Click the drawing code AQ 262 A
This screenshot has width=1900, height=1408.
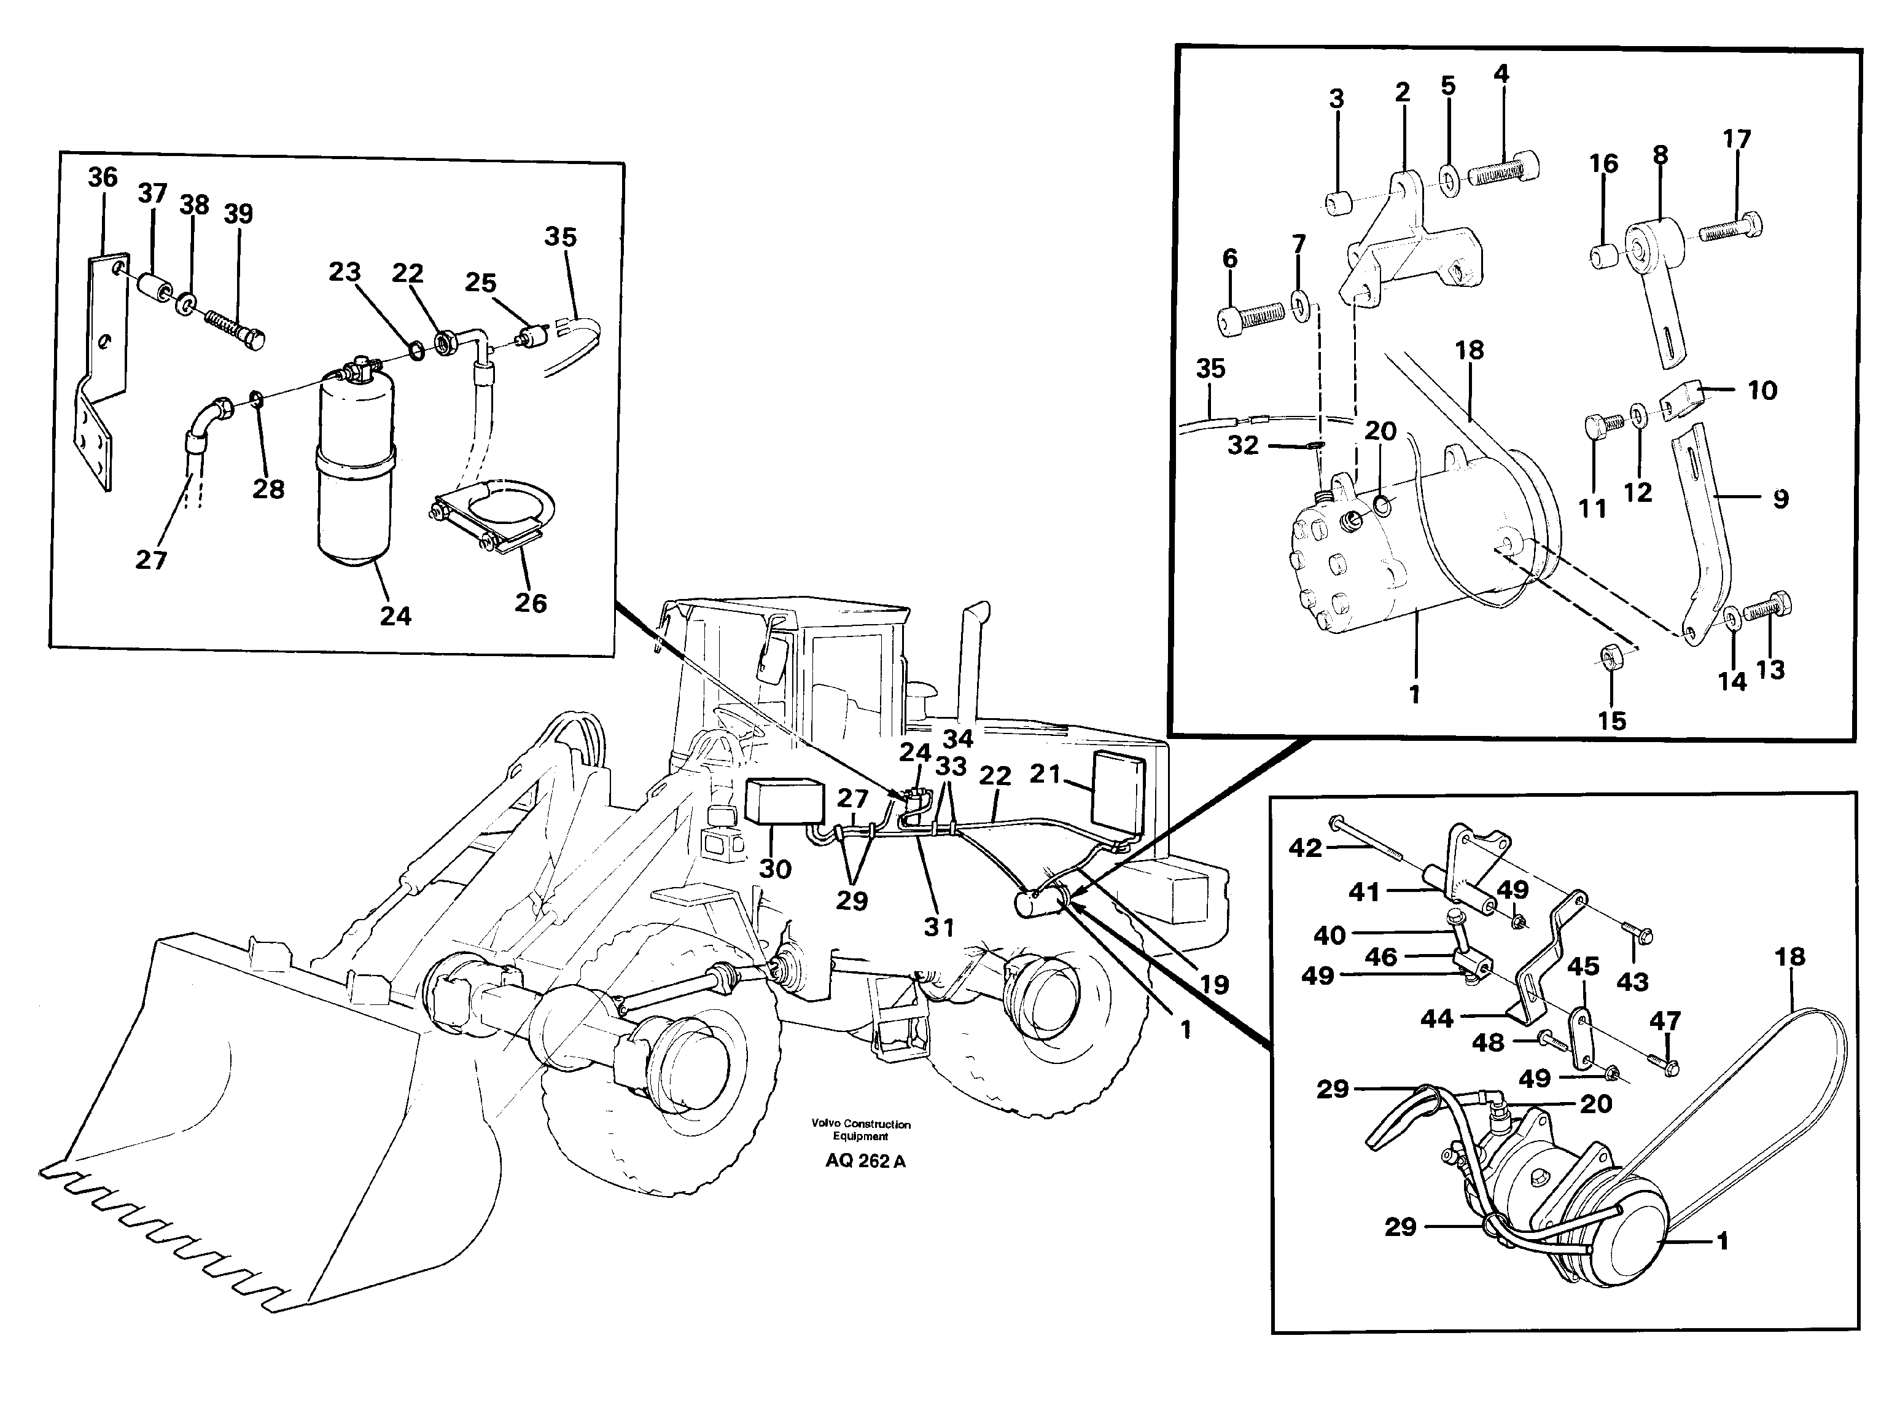pos(865,1161)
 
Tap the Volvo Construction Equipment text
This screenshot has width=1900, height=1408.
pos(860,1130)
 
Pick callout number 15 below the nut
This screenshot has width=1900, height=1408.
pos(1611,721)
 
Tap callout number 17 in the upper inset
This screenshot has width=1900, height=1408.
pos(1737,139)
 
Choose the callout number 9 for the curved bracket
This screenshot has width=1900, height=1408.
pos(1781,499)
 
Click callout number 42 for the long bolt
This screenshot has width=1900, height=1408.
pos(1304,847)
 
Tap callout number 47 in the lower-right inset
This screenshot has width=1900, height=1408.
pos(1665,1020)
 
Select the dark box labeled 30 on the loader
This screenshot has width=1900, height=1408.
pos(784,801)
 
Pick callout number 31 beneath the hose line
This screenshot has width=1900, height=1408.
pos(939,926)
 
